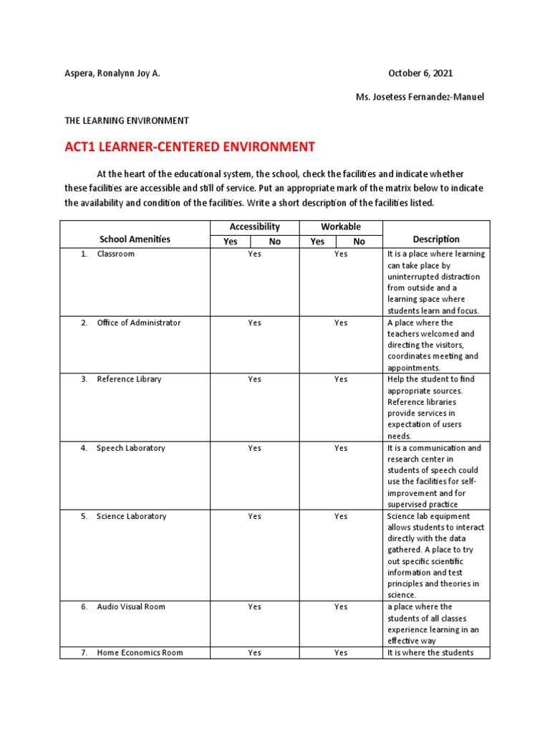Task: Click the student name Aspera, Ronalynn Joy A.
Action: pos(112,73)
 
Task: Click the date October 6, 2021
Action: pos(420,73)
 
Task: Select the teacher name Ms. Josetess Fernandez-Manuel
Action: pos(420,97)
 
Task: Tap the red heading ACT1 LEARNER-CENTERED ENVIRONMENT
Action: pos(190,147)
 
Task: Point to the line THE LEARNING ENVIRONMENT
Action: pos(127,120)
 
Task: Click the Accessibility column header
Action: pos(254,227)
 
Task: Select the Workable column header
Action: pos(341,227)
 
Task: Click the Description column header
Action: pos(436,239)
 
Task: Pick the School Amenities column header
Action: pos(135,239)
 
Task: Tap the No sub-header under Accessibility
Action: pos(275,242)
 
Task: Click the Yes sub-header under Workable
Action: pos(317,242)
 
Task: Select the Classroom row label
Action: pos(115,254)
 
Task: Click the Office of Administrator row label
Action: pos(139,323)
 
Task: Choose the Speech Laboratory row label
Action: pos(130,448)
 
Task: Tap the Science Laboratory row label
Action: pos(131,516)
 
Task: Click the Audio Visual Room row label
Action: pos(131,606)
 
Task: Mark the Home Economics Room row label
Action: pos(140,652)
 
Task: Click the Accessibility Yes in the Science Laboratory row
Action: pos(254,516)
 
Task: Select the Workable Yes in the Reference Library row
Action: pos(341,379)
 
